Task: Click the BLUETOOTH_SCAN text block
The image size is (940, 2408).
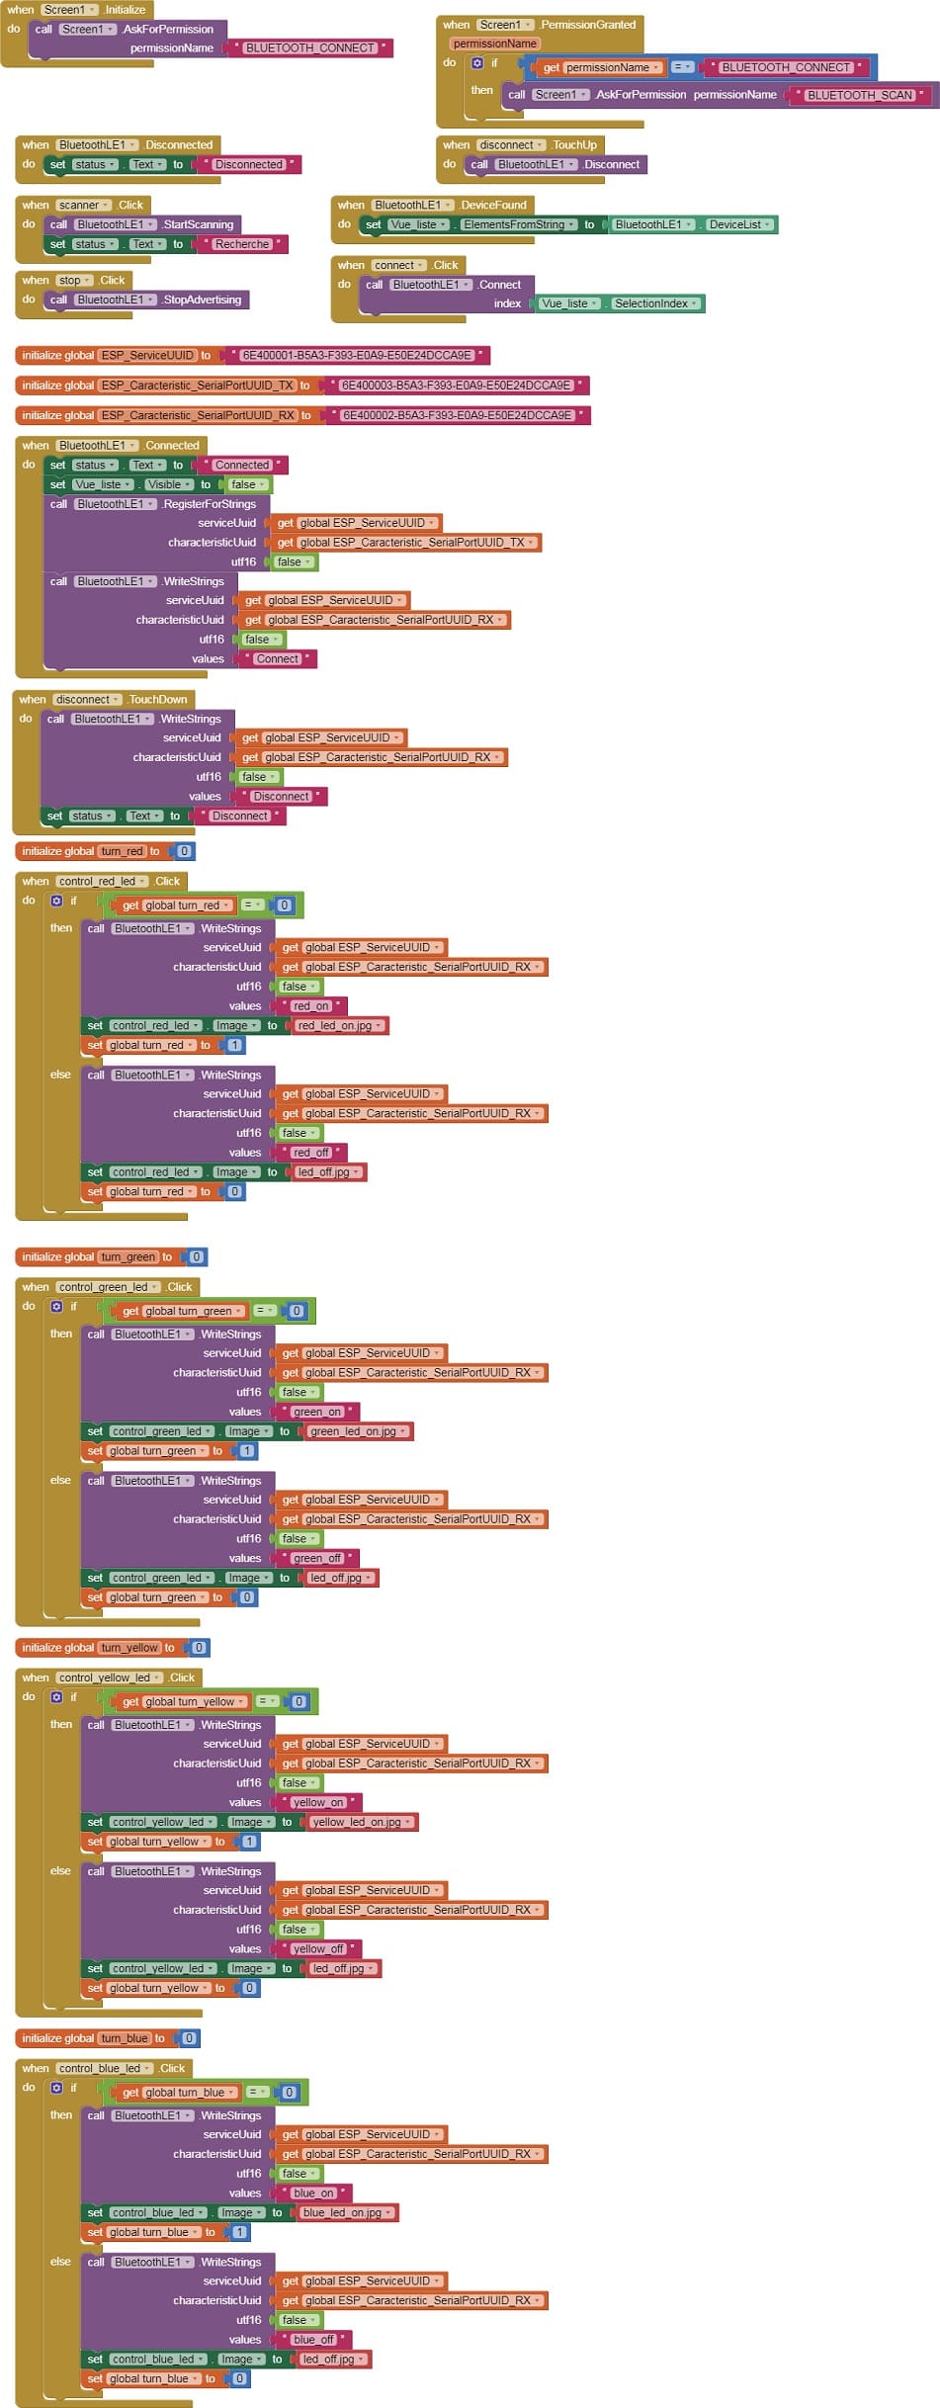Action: click(860, 95)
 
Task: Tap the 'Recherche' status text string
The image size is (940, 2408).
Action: click(242, 244)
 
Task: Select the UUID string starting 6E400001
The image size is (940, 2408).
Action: click(357, 355)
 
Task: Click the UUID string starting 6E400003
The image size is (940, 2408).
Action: click(456, 386)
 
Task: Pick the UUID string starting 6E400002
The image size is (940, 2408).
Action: click(457, 415)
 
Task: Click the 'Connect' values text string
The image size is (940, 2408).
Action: click(277, 658)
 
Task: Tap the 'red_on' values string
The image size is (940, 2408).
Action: click(310, 1006)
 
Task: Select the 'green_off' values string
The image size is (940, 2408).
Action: click(317, 1558)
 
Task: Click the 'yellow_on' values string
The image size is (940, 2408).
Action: click(318, 1802)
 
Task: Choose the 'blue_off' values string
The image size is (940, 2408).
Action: click(313, 2339)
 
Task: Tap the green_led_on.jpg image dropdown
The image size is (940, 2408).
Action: click(358, 1431)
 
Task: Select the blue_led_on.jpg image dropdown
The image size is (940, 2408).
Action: click(347, 2212)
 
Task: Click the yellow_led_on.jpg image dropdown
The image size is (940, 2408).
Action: click(363, 1822)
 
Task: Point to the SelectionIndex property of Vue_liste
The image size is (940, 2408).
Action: click(655, 303)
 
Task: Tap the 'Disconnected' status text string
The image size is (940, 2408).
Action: click(248, 164)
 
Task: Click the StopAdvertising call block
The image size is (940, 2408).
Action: click(202, 300)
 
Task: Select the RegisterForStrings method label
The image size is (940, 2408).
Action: click(209, 504)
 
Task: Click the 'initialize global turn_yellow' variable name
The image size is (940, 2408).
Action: click(128, 1648)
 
